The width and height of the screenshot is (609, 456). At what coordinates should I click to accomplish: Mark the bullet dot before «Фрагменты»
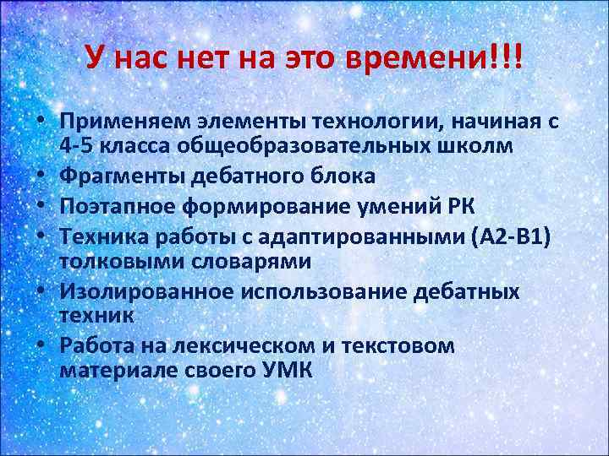tap(41, 176)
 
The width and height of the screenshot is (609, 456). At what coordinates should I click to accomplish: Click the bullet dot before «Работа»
tap(41, 346)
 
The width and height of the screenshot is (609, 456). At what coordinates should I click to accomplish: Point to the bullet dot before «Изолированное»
tap(41, 292)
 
